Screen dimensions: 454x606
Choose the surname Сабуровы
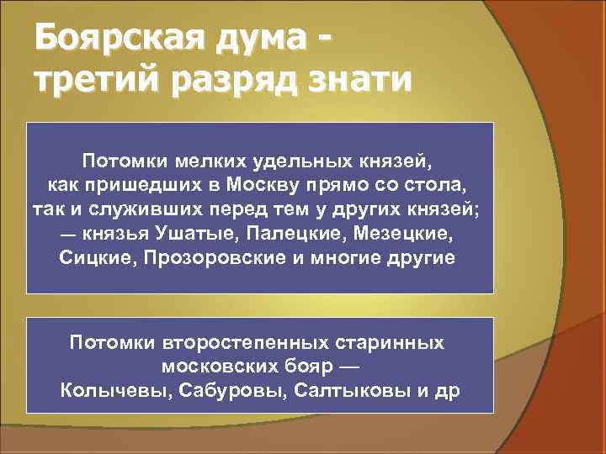click(x=214, y=392)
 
